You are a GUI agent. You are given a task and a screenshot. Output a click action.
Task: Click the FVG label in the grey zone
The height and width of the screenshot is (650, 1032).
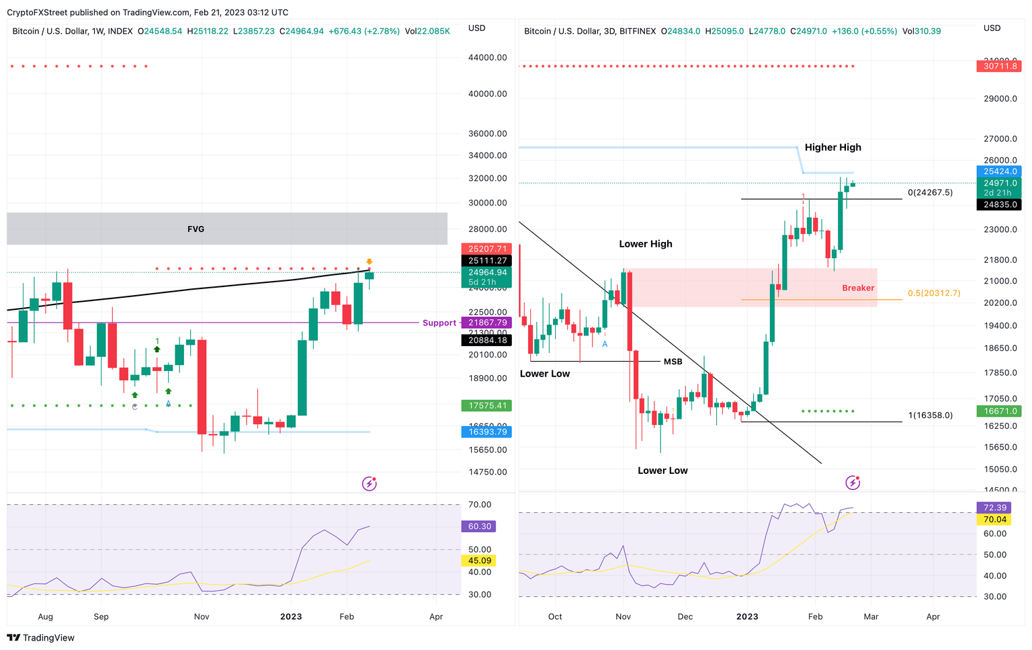196,229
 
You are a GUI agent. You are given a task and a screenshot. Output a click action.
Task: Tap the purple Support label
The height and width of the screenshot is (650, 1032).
439,323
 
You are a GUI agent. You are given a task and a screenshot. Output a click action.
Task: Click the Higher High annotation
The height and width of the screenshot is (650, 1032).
832,147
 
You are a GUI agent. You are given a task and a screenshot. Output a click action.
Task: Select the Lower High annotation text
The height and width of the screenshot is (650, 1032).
645,244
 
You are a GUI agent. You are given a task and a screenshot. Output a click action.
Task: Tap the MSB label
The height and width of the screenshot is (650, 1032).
673,362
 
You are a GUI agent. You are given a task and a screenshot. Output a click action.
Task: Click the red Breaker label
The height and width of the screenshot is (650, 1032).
858,288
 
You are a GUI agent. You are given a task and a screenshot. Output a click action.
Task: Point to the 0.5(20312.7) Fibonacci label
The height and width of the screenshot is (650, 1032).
934,293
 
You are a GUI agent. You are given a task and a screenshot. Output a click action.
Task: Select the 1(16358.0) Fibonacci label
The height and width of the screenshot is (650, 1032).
930,415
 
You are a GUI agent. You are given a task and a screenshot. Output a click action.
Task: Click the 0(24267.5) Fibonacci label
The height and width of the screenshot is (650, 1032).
930,192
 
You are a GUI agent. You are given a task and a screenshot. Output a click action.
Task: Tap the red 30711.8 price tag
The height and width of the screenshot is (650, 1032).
1000,66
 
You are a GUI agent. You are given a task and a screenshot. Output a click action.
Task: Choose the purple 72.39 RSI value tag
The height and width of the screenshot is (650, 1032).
995,507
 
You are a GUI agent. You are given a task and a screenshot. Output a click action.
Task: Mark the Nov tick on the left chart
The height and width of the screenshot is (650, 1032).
202,616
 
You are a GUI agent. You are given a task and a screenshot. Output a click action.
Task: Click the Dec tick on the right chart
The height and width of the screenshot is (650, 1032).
685,616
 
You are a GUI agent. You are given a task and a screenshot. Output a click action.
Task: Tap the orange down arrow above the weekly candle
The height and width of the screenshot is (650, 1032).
369,261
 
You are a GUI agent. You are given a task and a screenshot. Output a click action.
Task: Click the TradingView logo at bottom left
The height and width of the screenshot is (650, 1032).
41,638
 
